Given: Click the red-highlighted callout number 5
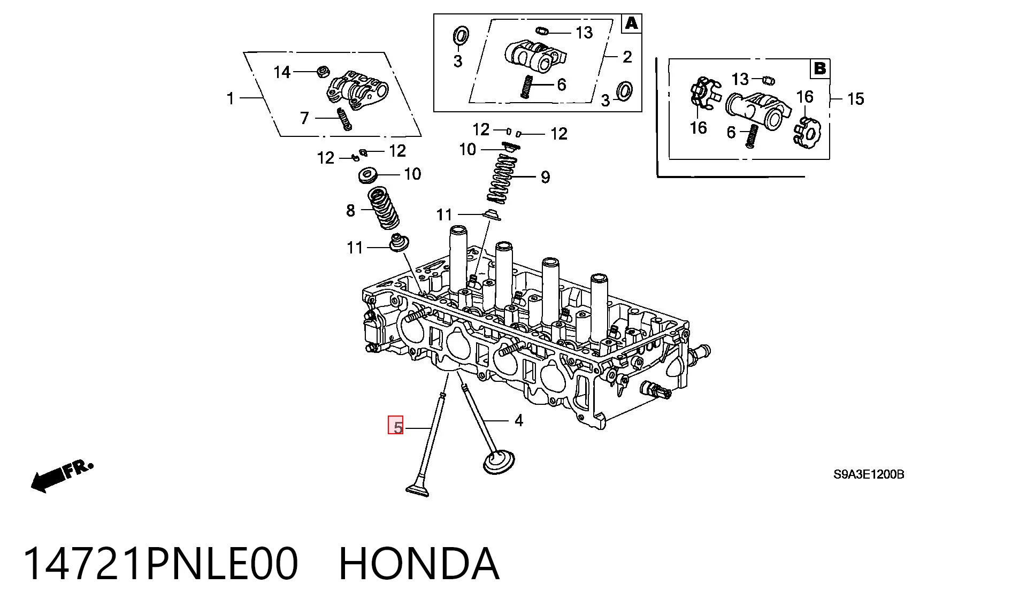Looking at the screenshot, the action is pyautogui.click(x=395, y=425).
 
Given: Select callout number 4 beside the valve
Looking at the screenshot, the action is pyautogui.click(x=518, y=421).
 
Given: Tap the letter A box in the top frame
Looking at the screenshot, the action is pyautogui.click(x=632, y=24).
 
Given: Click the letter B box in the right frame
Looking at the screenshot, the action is pyautogui.click(x=819, y=68).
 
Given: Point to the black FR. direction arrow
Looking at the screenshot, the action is pyautogui.click(x=62, y=476).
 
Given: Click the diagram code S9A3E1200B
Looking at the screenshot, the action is pyautogui.click(x=869, y=474).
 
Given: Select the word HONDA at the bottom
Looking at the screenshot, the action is pyautogui.click(x=419, y=564).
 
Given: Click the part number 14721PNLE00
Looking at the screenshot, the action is pyautogui.click(x=160, y=564).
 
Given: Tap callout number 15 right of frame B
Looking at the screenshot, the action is pyautogui.click(x=855, y=99).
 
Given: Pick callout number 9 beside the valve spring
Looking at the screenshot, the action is pyautogui.click(x=545, y=177).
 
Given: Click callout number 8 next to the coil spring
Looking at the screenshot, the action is pyautogui.click(x=350, y=211).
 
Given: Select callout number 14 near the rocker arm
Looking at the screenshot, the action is pyautogui.click(x=282, y=72).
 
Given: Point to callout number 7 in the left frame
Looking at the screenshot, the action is pyautogui.click(x=304, y=118).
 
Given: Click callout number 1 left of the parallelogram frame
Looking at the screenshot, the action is pyautogui.click(x=231, y=98).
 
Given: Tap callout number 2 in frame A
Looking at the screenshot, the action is pyautogui.click(x=627, y=57).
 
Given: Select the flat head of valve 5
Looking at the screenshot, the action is pyautogui.click(x=418, y=490).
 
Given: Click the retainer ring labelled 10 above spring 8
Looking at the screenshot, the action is pyautogui.click(x=368, y=175).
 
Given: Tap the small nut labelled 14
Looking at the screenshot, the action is pyautogui.click(x=323, y=71).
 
